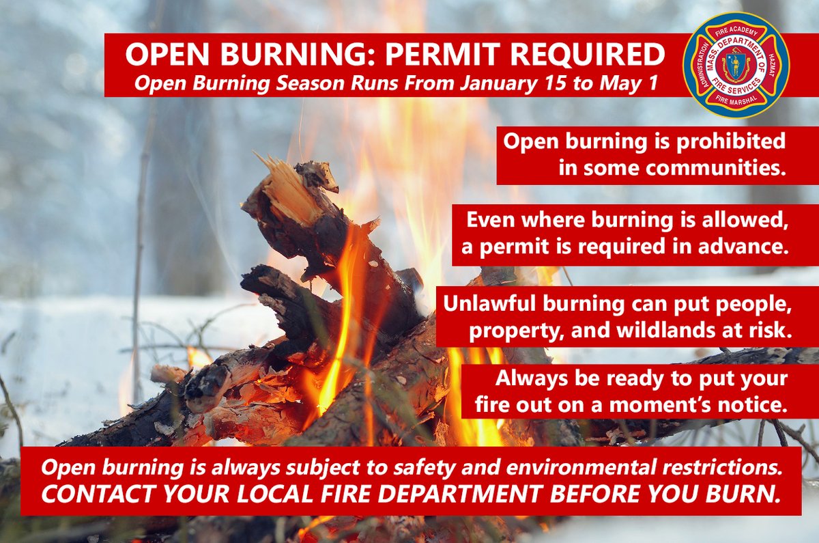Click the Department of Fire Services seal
[736, 65]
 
